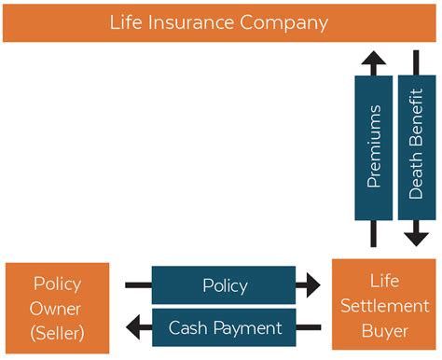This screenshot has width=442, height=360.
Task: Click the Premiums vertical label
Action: [x=374, y=147]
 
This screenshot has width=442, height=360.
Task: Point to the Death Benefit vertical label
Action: [x=417, y=147]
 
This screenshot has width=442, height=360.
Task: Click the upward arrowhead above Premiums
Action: [x=374, y=63]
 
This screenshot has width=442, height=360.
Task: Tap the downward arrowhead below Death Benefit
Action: [x=417, y=236]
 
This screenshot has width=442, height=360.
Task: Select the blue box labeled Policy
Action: [x=225, y=284]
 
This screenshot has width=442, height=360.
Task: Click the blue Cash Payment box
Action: [x=225, y=327]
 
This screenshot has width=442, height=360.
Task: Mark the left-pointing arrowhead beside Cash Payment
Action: [x=138, y=327]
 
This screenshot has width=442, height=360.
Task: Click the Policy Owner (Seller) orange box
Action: [x=57, y=307]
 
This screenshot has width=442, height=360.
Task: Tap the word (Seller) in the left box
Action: [x=57, y=332]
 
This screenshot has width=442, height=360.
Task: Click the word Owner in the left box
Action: [x=57, y=308]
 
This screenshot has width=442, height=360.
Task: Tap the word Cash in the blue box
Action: [x=186, y=327]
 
